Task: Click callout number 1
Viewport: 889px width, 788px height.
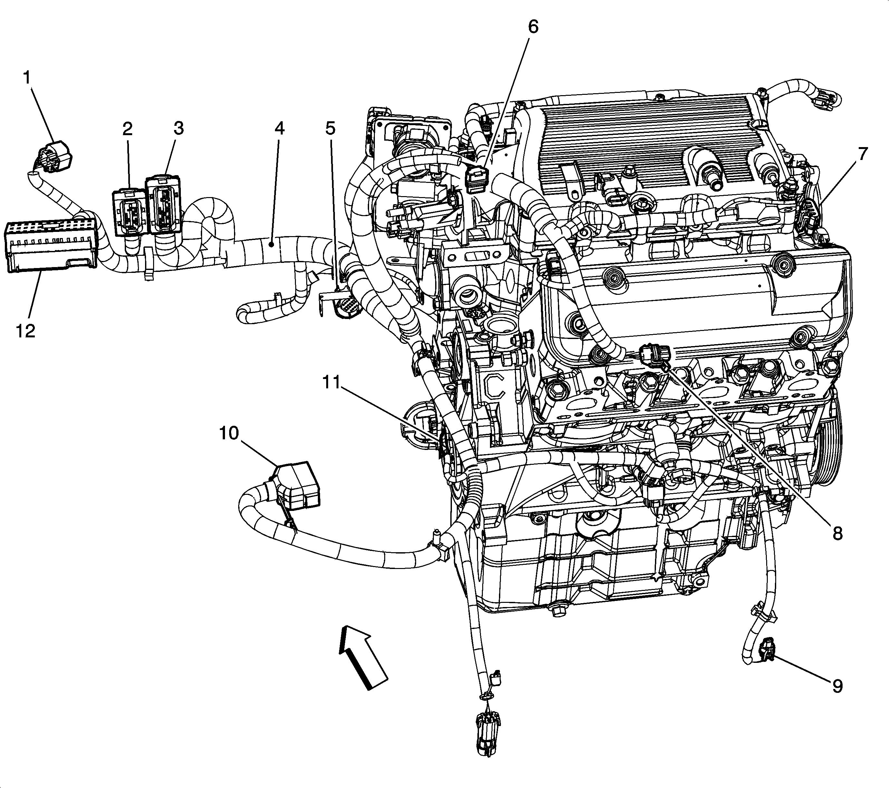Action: pyautogui.click(x=27, y=78)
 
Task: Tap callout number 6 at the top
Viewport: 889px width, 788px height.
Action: pyautogui.click(x=533, y=27)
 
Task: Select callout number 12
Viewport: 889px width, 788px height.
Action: pyautogui.click(x=25, y=332)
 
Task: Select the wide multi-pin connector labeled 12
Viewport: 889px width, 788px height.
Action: pyautogui.click(x=50, y=246)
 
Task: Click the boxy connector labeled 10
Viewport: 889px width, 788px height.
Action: pyautogui.click(x=297, y=485)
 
